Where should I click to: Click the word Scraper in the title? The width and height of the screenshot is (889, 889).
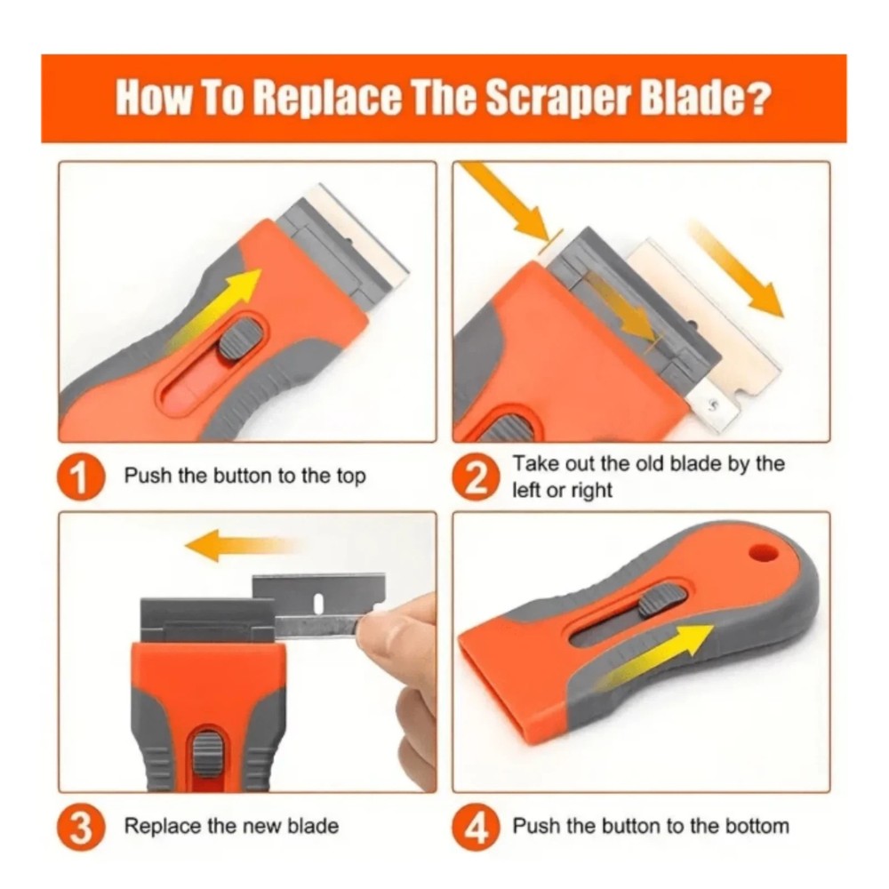click(x=543, y=99)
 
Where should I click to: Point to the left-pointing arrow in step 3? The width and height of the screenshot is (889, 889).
click(x=236, y=544)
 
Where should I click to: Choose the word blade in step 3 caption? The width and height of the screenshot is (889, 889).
click(x=313, y=826)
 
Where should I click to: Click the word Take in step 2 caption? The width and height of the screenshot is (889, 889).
click(x=532, y=464)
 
